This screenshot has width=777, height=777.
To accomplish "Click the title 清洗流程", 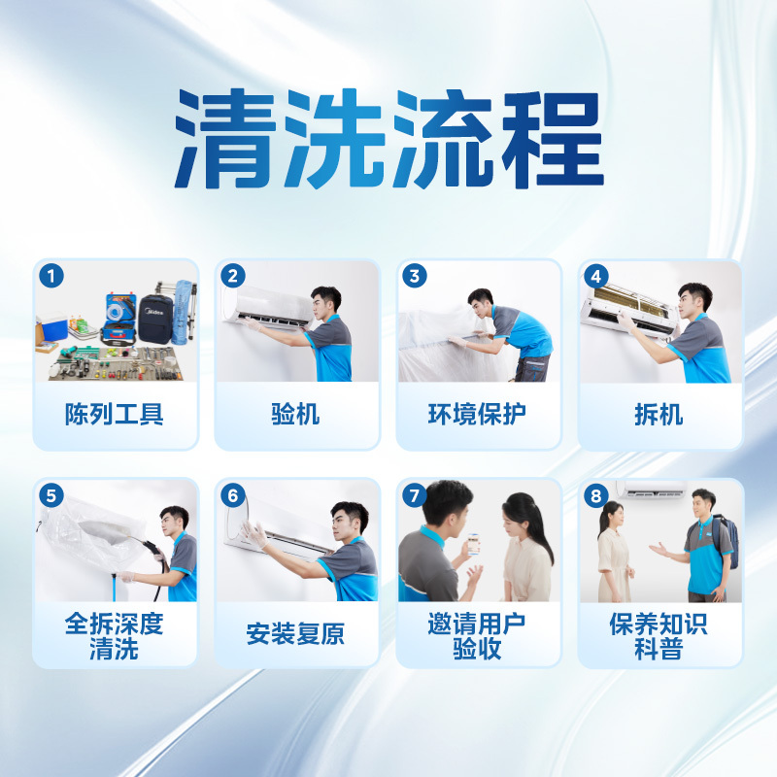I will point(388,142).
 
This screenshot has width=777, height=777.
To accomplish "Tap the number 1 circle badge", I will point(51,275).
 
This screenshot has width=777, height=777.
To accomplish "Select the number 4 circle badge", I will point(596,275).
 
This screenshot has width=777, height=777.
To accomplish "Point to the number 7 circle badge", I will point(415,494).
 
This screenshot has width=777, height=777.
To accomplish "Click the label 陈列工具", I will point(115,415).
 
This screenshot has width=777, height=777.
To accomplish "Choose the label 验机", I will point(295,415).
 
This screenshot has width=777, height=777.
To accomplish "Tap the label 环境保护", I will point(478,415).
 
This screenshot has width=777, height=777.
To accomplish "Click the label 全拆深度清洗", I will point(115,636).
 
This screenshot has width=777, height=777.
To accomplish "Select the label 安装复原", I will point(295,635).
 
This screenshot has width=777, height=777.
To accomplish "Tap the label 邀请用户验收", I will point(478,636).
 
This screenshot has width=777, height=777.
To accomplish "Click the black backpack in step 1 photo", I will point(155,316).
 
